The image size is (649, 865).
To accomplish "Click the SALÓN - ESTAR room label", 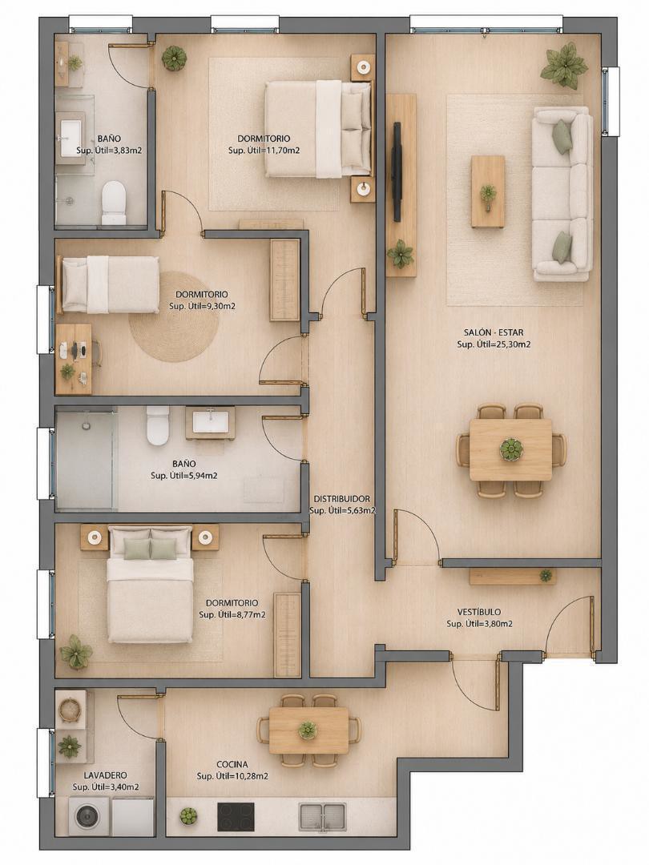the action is pos(494,332).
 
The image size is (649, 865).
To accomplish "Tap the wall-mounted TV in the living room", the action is pos(397,171).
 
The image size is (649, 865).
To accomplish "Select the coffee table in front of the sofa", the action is pos(488,191).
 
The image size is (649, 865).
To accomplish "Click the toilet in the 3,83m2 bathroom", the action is pos(115,203).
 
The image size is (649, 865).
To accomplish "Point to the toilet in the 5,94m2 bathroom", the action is pos(157,425).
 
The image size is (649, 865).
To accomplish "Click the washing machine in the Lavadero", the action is pos(88,816).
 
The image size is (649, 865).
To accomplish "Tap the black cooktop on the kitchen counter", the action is pos(236,816).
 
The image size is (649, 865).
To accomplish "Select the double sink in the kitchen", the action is pos(322,816).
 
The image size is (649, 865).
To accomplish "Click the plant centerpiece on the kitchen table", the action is pos(308,730).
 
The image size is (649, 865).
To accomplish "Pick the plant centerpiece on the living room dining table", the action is pos(510,449).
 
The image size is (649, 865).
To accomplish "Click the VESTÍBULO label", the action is pos(479,612).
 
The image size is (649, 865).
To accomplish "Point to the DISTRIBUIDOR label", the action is pos(341,499).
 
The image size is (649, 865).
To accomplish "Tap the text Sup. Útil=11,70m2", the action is pos(264,150).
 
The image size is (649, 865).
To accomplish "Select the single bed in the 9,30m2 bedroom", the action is pos(109,284).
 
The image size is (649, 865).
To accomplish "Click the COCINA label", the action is pos(232,765).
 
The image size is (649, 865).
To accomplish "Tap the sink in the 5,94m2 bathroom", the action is pos(210,422).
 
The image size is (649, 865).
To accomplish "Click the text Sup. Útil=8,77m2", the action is pos(232,614).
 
